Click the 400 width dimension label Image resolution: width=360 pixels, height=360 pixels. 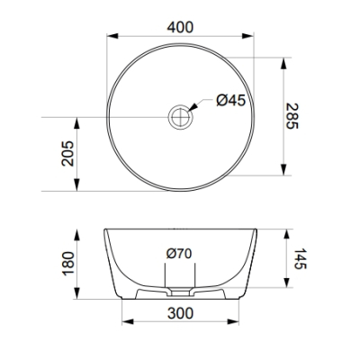180,27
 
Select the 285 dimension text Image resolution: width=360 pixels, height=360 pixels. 292,116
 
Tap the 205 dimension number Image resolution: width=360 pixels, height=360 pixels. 67,153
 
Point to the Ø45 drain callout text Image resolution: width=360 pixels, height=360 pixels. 231,100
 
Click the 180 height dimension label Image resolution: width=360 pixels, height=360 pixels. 68,263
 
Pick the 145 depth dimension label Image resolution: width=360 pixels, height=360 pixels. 300,258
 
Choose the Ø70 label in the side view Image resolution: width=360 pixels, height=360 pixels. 179,254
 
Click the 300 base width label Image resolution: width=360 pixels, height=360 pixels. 180,313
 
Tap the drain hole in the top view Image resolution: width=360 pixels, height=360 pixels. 181,117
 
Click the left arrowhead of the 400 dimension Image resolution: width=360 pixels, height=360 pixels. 112,36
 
